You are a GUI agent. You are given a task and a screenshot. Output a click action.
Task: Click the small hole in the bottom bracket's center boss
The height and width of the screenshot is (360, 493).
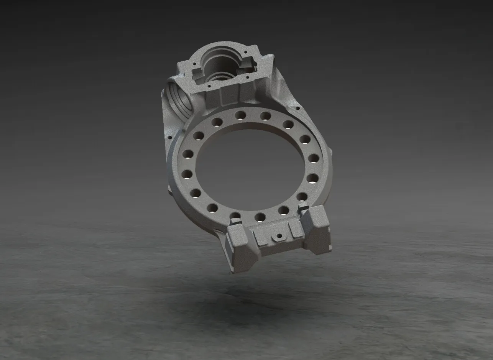[x=279, y=235]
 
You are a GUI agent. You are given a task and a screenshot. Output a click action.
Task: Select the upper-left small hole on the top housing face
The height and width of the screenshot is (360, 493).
[x=194, y=64]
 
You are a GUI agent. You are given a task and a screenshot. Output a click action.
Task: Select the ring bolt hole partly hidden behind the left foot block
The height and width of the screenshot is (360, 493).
[x=235, y=216]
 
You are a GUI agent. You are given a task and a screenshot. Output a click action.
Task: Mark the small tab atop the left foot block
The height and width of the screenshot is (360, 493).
[x=235, y=222]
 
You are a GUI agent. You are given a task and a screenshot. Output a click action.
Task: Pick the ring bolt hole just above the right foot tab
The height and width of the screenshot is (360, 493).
[x=302, y=197]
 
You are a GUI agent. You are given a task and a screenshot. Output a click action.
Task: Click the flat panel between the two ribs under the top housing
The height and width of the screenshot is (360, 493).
[x=230, y=94]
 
